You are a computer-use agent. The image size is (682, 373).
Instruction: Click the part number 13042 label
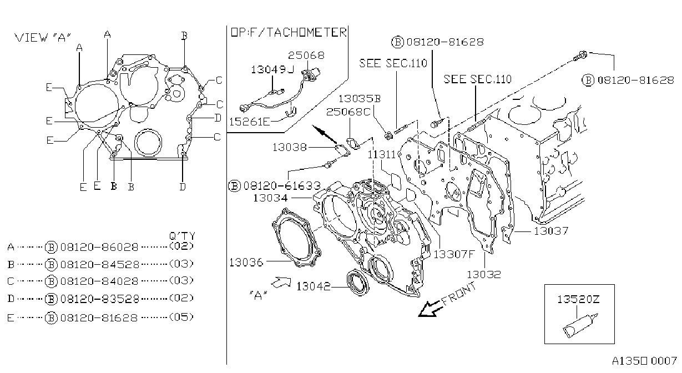point(314,286)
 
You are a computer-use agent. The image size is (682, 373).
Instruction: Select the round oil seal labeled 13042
point(358,283)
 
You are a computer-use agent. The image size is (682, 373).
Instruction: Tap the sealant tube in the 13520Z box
point(580,325)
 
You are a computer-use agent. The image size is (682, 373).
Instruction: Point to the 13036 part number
point(246,262)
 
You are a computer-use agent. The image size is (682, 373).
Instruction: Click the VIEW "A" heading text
point(43,38)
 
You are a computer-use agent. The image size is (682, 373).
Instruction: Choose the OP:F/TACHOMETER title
point(289,32)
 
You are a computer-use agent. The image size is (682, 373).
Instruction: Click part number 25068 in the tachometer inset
point(306,56)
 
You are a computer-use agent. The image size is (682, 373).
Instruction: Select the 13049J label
point(272,70)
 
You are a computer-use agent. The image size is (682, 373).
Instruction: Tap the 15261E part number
point(250,122)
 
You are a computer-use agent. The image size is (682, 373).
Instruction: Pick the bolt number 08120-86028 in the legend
point(99,247)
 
